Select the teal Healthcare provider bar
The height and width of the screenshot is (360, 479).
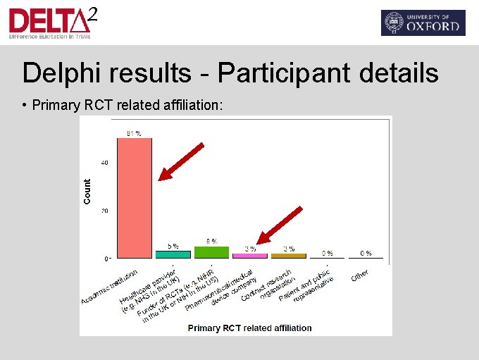click(x=173, y=254)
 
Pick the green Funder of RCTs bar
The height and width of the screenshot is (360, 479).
click(x=211, y=252)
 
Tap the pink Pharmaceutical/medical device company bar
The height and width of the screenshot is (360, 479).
click(x=250, y=256)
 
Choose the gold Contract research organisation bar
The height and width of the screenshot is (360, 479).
click(x=289, y=256)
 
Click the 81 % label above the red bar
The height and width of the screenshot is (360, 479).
click(x=134, y=132)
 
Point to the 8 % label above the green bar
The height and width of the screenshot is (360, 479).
click(x=211, y=241)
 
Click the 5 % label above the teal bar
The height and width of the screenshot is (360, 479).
click(x=173, y=246)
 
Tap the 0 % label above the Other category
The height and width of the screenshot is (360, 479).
click(x=366, y=253)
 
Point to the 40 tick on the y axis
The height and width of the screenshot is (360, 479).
click(x=105, y=163)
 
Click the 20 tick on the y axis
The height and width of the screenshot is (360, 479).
click(x=105, y=211)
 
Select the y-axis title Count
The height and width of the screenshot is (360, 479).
click(x=87, y=192)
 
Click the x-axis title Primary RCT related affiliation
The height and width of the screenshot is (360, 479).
click(x=249, y=328)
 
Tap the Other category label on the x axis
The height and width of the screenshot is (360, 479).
click(x=360, y=275)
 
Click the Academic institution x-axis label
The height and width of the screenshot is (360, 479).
click(x=109, y=288)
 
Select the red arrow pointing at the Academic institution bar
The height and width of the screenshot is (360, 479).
click(x=181, y=161)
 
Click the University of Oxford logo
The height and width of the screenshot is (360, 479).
click(x=423, y=23)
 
